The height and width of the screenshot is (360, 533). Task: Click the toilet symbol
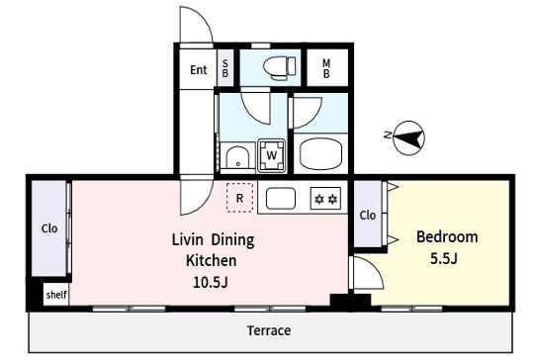pos(280,68)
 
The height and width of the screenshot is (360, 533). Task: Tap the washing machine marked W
pos(271,155)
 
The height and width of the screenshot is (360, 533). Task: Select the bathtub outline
pos(320,154)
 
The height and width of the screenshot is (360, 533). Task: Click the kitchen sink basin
pos(281,198)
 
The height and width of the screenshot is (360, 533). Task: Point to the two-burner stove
pos(325,198)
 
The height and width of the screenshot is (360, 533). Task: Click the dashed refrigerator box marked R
pos(240,198)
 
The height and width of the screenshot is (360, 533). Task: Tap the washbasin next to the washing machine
pos(237,157)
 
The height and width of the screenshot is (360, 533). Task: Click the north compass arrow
pos(408,138)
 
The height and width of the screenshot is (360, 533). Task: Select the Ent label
pos(199,70)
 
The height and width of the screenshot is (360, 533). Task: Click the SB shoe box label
pos(225,68)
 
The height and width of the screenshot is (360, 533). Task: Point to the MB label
pos(326,68)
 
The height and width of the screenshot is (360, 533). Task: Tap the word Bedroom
pos(447,237)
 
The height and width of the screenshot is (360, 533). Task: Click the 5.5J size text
pos(444,259)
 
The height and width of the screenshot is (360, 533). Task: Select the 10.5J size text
pos(211,282)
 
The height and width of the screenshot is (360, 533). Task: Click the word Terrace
pos(269,330)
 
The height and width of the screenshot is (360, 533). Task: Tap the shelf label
pos(56,295)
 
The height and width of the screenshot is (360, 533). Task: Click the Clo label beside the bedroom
pos(368,216)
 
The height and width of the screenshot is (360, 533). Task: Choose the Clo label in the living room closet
pos(49,228)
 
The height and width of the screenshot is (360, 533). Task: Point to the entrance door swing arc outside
pos(204,18)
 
